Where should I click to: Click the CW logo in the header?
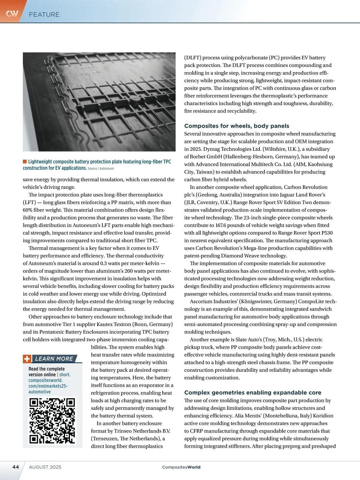tap(12, 13)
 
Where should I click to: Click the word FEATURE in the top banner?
tap(44, 14)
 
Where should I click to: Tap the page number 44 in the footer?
tap(16, 467)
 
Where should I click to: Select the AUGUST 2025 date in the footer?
tap(45, 467)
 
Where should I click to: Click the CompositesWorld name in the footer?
tap(181, 467)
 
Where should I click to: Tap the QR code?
tap(52, 421)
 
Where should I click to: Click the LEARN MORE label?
tap(54, 358)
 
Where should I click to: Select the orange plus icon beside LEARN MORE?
tap(27, 359)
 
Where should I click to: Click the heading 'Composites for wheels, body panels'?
tap(236, 126)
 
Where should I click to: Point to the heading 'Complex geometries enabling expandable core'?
tap(253, 393)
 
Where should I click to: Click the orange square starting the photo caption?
tap(25, 161)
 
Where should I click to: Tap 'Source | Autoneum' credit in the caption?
tap(101, 169)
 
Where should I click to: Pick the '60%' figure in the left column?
tap(28, 210)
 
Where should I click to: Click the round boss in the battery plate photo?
tap(135, 99)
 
